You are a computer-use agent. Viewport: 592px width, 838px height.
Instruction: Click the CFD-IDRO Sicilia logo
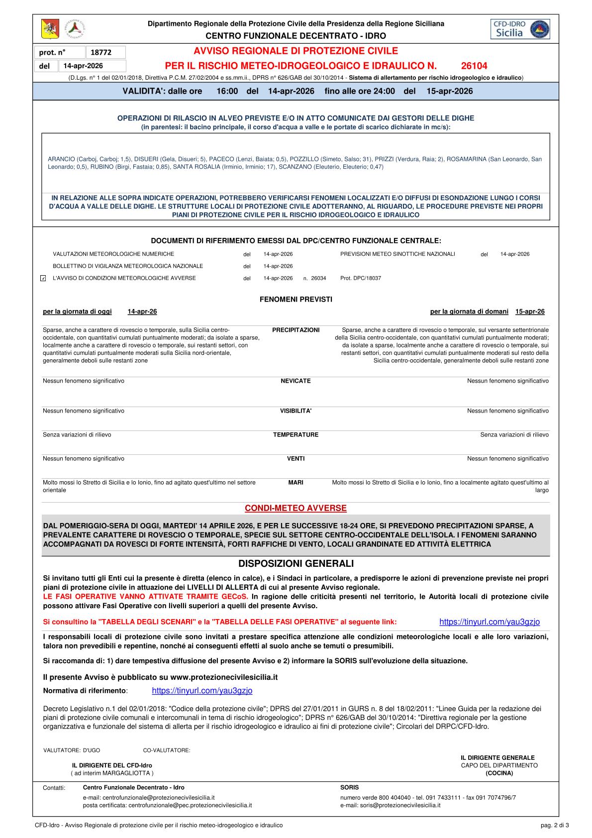(520, 29)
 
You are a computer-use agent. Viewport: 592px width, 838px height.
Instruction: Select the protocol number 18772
(101, 52)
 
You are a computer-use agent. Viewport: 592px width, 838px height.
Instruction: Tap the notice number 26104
(474, 66)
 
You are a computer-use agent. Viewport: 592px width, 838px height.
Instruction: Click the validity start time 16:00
(227, 91)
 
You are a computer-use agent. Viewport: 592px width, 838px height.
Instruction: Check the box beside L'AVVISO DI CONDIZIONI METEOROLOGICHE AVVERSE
(43, 278)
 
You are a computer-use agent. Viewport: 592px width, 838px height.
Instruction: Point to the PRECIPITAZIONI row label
(296, 330)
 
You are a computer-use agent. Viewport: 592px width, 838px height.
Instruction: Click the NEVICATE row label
(296, 381)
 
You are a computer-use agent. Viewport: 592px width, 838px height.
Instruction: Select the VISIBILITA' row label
(296, 411)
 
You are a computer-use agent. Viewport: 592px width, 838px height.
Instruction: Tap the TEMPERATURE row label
(296, 434)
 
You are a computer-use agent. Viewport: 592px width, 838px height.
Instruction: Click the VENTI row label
(296, 458)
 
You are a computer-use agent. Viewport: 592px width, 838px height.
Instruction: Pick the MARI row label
(296, 482)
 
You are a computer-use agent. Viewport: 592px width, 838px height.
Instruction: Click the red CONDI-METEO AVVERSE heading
(296, 508)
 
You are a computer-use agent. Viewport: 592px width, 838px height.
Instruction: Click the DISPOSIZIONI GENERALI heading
(296, 563)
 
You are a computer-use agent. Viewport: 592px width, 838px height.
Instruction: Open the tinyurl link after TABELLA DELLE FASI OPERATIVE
(490, 622)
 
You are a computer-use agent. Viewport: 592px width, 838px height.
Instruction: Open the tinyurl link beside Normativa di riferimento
(202, 691)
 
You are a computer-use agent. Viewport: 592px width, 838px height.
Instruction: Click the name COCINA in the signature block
(499, 773)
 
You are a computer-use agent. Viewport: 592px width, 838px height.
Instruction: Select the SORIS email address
(401, 805)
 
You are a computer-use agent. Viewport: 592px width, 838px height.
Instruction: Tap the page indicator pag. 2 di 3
(554, 825)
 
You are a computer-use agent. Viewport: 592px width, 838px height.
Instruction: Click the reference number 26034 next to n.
(318, 278)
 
